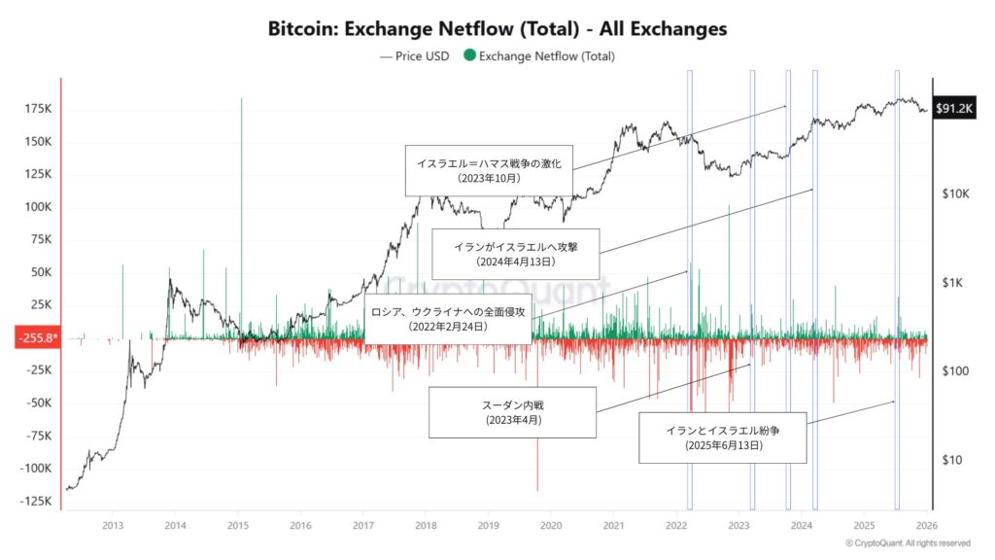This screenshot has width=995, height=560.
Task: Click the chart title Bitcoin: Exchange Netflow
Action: [497, 28]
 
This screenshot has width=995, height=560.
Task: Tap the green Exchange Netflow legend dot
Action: [470, 55]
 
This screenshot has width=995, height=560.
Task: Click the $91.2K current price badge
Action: [953, 109]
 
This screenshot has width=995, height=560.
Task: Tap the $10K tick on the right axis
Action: [956, 194]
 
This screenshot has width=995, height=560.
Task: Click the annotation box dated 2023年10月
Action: [489, 171]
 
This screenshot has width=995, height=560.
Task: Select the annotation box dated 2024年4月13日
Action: [515, 255]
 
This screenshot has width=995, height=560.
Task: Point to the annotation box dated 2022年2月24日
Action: [448, 319]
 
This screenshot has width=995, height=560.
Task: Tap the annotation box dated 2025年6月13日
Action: [723, 437]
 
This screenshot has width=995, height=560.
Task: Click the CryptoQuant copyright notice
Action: [908, 542]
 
